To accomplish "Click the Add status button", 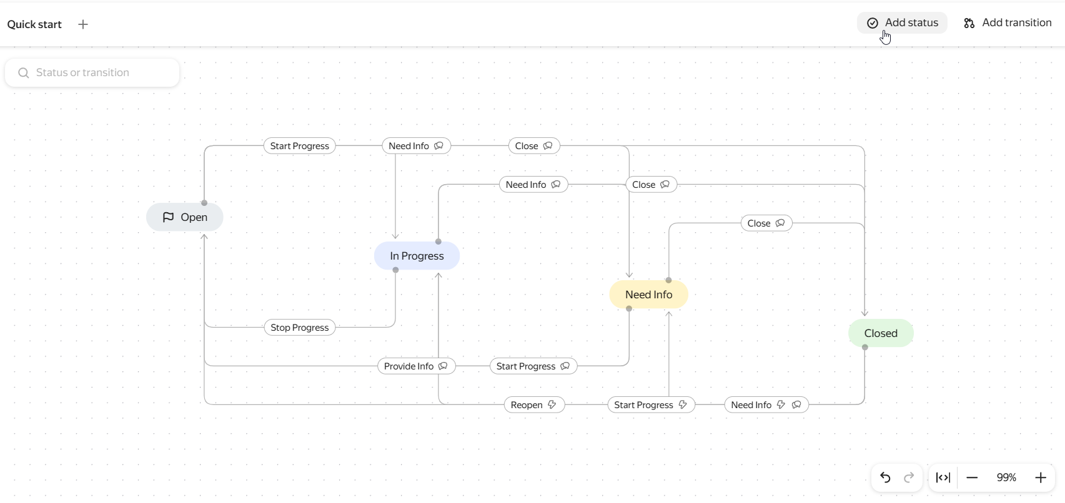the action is (x=902, y=23).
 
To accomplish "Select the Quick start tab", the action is (x=34, y=24).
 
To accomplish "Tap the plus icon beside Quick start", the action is (x=82, y=24).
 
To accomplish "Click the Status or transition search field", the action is (x=92, y=72).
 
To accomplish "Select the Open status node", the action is (x=184, y=217).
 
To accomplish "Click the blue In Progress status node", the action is (x=417, y=256).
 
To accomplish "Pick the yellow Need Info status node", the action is (x=648, y=295).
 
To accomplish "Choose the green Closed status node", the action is (x=881, y=333).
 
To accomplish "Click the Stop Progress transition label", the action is (x=300, y=327).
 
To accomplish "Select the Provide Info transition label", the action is (x=417, y=366).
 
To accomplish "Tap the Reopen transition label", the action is (x=535, y=404).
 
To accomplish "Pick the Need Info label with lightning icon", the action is (x=766, y=404).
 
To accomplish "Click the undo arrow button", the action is (x=885, y=477).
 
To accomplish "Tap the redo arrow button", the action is (x=909, y=477).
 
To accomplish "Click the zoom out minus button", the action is (x=973, y=477).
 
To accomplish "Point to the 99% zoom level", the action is (x=1006, y=477).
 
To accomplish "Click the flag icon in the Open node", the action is (x=168, y=217).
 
